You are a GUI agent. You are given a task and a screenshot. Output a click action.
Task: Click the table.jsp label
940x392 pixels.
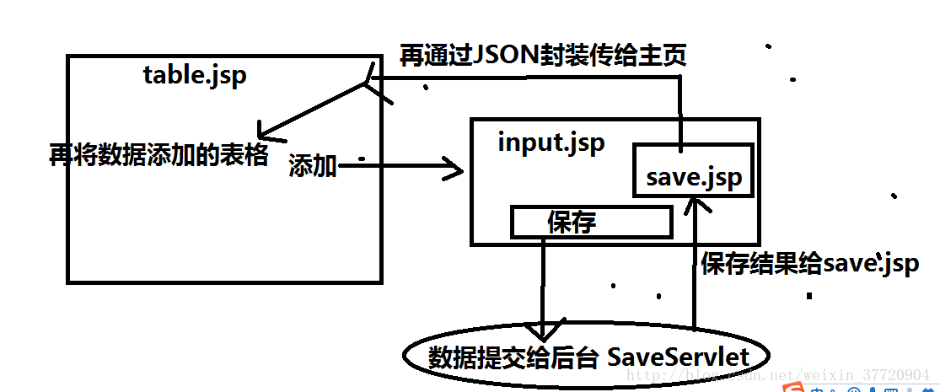click(x=195, y=75)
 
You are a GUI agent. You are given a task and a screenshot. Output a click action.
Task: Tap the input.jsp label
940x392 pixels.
click(x=551, y=142)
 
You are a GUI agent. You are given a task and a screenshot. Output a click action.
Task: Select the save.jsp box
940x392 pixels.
click(x=692, y=176)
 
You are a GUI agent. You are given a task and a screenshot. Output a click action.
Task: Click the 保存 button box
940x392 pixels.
click(x=591, y=222)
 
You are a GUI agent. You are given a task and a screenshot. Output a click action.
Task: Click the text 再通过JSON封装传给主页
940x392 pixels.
click(x=543, y=56)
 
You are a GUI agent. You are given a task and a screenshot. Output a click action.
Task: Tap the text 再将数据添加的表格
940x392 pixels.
click(x=158, y=155)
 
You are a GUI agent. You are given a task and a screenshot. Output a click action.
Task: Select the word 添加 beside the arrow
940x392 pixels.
click(x=313, y=167)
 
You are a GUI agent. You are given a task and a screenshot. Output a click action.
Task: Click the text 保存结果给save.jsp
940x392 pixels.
click(x=808, y=263)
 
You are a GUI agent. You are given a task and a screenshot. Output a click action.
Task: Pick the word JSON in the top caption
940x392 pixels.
click(x=500, y=56)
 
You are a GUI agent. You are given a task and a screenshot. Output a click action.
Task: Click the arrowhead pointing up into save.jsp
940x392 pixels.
click(x=693, y=205)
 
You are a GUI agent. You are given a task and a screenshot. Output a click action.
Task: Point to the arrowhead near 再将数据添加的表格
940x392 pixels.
click(x=264, y=133)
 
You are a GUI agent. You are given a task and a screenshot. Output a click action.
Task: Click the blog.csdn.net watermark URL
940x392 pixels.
click(x=780, y=374)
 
